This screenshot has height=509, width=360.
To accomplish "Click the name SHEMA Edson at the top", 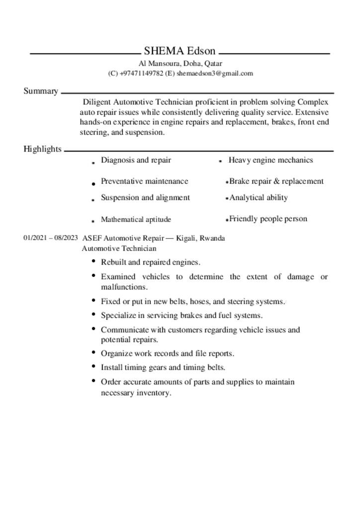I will (180, 51).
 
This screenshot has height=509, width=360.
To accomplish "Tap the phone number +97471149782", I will (141, 74).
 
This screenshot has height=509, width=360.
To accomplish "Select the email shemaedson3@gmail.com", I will (215, 74).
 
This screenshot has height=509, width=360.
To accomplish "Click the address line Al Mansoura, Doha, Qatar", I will (180, 64).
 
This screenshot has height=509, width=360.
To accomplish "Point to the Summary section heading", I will (41, 91).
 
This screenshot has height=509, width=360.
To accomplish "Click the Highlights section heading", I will (43, 149).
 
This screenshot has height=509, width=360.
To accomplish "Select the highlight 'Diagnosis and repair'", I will (136, 160).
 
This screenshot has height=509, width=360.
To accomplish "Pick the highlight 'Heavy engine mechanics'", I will (270, 160).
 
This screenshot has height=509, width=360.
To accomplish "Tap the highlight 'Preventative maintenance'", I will (144, 181).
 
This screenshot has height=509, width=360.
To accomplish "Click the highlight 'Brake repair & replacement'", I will (276, 181).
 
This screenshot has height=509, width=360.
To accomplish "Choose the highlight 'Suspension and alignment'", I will (145, 198).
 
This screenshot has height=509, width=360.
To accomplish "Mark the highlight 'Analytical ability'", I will (259, 198).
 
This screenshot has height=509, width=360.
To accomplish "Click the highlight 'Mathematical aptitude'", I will (136, 219).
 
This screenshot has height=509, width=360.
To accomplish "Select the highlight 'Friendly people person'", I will (268, 219).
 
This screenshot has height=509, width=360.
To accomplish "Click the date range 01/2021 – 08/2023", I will (51, 238).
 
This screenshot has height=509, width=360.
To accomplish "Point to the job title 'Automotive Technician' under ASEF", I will (119, 249).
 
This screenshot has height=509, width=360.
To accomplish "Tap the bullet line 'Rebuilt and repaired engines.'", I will (150, 262).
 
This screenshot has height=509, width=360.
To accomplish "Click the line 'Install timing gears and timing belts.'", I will (163, 368).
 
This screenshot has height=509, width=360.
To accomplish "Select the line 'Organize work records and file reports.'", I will (167, 354).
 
